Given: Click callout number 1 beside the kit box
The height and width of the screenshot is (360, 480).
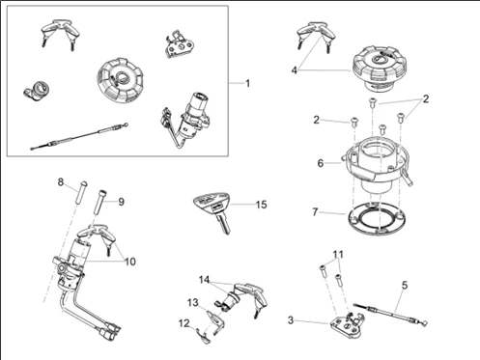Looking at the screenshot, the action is [247, 84].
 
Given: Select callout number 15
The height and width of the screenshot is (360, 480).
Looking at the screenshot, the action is [262, 205].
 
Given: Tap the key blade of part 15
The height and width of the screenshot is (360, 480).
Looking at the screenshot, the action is [224, 224].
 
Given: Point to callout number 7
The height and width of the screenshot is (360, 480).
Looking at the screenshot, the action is [315, 212].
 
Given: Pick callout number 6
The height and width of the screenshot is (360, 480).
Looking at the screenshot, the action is [321, 163].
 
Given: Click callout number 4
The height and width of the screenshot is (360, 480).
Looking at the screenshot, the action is [295, 70].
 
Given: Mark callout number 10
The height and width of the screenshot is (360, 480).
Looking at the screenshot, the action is [130, 262].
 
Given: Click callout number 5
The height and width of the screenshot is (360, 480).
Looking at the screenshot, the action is [405, 285].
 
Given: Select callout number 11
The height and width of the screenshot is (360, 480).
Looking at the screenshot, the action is [338, 255].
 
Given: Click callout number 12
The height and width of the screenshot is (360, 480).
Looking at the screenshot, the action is [184, 323].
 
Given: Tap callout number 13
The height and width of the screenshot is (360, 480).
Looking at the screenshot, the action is [193, 303].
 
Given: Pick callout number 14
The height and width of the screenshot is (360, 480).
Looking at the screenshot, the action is [204, 280].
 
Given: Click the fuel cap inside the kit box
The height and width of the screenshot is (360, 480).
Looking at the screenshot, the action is [121, 80].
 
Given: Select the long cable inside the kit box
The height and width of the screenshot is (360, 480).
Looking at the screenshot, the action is [79, 136].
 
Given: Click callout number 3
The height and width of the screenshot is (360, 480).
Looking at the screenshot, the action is [291, 320].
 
